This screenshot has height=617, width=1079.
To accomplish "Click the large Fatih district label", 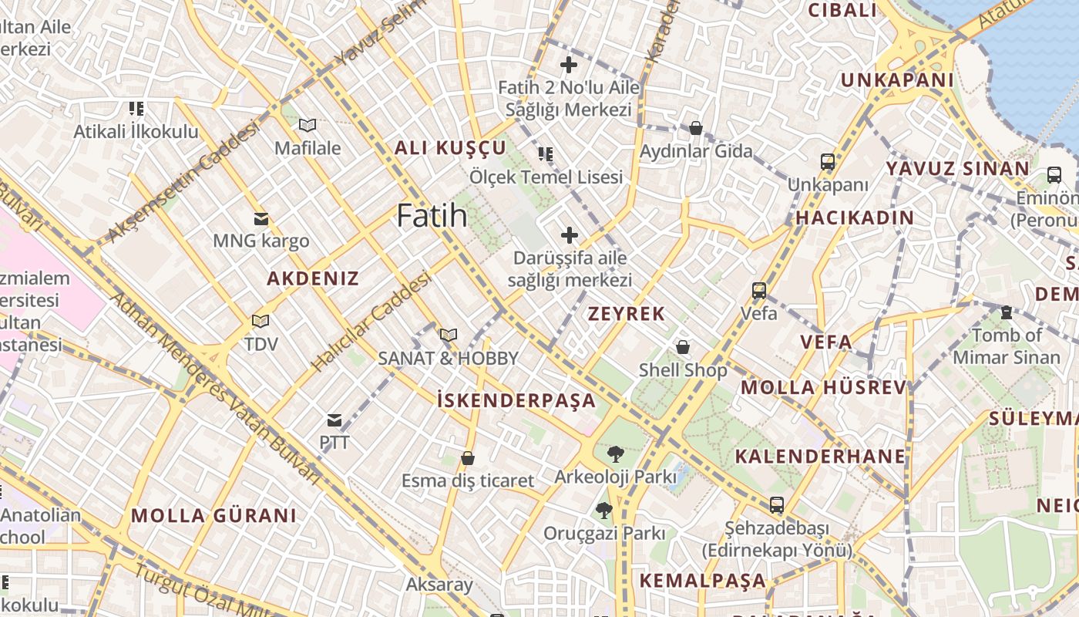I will pos(432,215).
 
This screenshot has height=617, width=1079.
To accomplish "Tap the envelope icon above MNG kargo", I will pos(261,219).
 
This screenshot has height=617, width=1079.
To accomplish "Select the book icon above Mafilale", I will pos(308,125).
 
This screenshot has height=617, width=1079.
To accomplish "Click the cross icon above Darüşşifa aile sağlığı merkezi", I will pos(570,235).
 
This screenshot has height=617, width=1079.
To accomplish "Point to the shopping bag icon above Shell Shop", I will pos(683,347).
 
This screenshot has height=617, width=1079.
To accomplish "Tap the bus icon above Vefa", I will pos(759,291).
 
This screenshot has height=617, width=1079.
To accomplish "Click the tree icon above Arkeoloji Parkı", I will pos(615,453).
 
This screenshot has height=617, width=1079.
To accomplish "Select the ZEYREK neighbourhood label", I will pos(626,314).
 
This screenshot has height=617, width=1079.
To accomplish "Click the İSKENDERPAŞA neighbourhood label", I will pos(516,400).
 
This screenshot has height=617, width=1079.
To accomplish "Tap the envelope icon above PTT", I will pos(334,420).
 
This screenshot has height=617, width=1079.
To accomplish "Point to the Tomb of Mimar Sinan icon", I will pos(1006,312).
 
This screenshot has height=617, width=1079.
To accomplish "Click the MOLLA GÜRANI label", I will pos(213,515).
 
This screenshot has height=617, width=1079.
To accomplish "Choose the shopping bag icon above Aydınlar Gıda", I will pos(696,128).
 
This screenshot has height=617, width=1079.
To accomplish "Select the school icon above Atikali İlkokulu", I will pos(136,109).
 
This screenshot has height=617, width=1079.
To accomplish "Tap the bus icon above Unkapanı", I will pos(828,162).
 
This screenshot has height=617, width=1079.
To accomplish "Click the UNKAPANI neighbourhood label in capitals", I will pos(897,80).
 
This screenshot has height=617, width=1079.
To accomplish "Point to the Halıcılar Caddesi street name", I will pos(371,322).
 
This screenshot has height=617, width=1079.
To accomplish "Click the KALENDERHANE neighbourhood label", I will pos(820,456).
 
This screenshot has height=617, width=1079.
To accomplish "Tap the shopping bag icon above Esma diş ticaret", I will pos(467,458).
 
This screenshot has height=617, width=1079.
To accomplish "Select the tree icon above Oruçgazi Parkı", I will pos(604,510).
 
